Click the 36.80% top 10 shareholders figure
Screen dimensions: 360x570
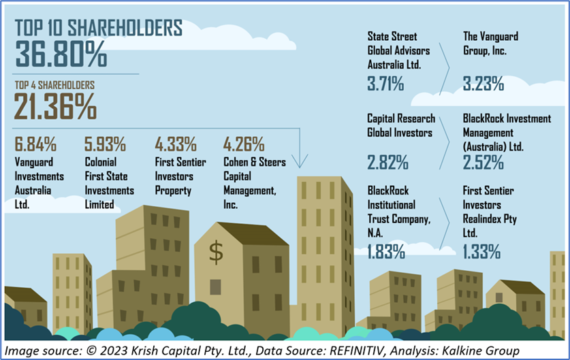pyautogui.click(x=61, y=54)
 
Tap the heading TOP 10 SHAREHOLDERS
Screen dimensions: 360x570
pyautogui.click(x=99, y=29)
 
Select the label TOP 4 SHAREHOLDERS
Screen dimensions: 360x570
pyautogui.click(x=54, y=86)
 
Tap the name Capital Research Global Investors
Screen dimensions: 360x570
pyautogui.click(x=400, y=126)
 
